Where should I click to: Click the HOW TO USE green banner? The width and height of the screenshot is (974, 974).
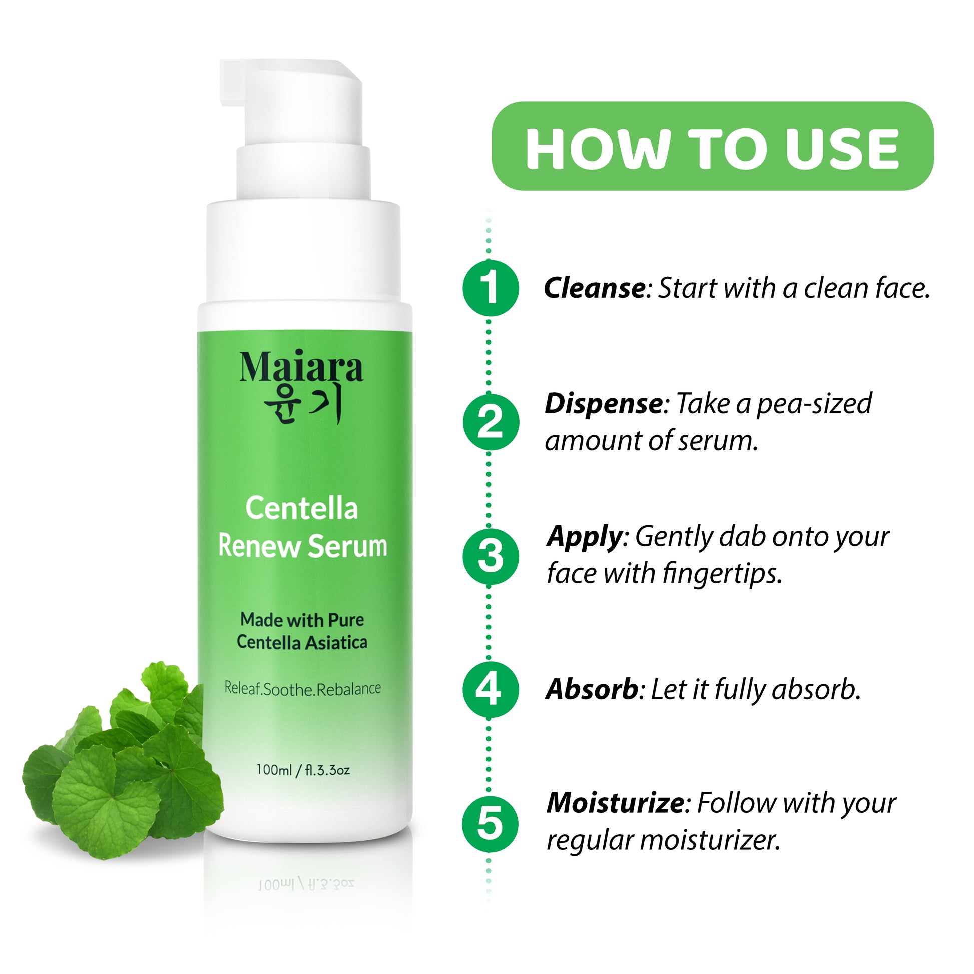point(712,146)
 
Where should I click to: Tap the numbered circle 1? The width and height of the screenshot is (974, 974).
point(491,288)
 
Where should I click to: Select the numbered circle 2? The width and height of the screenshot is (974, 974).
point(491,422)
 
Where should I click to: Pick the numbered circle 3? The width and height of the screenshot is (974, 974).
point(491,556)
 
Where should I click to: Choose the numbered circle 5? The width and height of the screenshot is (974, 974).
point(491,824)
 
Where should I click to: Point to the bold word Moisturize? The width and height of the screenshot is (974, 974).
point(616,803)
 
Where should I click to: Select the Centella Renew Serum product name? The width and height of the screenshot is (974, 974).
point(302,528)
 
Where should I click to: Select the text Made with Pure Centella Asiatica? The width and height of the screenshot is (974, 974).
point(302,631)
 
